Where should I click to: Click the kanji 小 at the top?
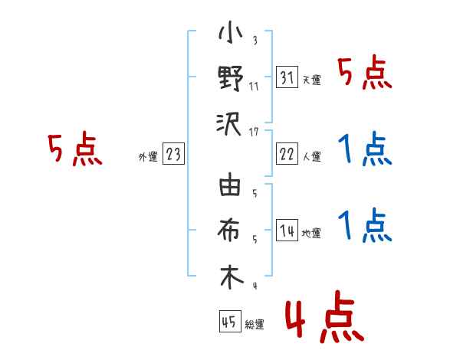click(x=231, y=34)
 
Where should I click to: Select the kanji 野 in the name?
click(x=231, y=80)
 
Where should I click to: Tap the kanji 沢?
click(x=231, y=123)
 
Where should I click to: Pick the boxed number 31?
click(x=287, y=78)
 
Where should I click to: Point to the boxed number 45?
click(x=228, y=322)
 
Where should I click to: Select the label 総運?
click(x=254, y=325)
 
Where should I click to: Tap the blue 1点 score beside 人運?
click(x=364, y=149)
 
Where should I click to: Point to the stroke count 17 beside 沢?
click(x=254, y=131)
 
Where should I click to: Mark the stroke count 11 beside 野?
click(x=254, y=86)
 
